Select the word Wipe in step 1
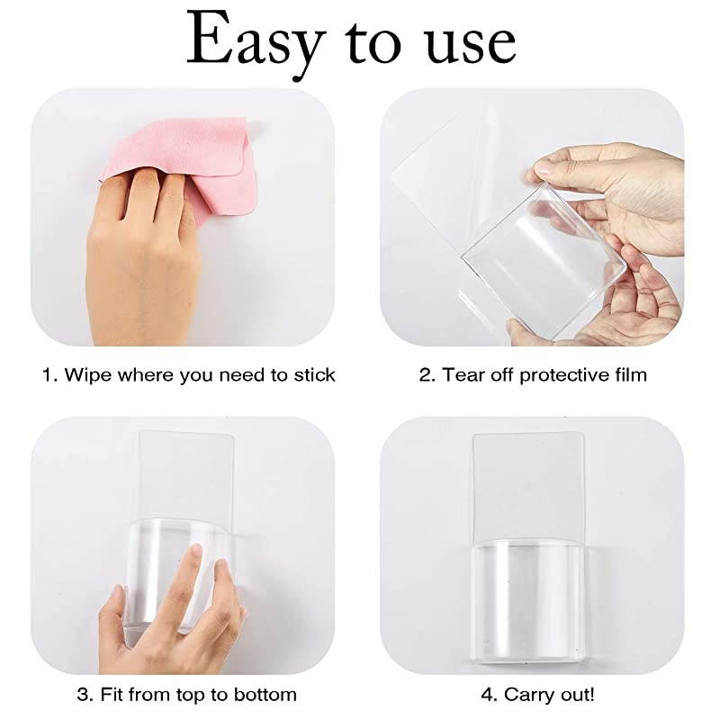(x=89, y=374)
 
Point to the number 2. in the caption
(x=427, y=374)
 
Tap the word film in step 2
(x=628, y=374)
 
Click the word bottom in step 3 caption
(x=263, y=695)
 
